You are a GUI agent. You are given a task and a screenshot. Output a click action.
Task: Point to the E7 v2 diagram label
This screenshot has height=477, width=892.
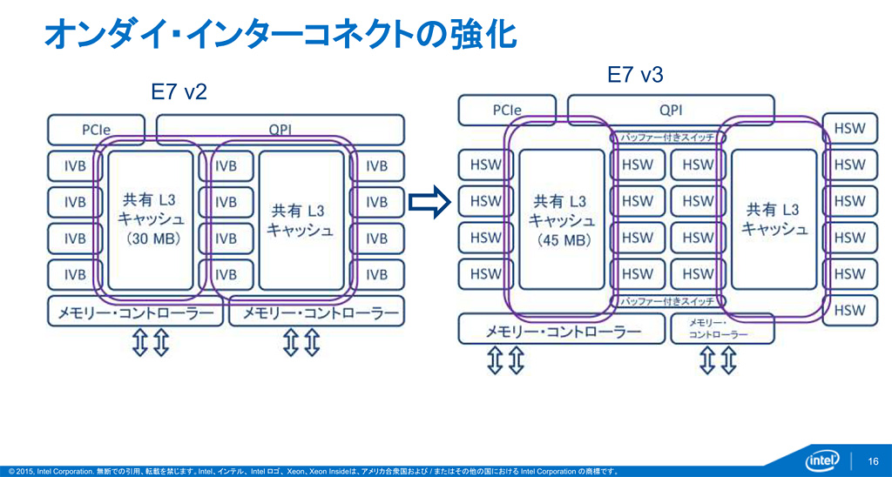click(179, 92)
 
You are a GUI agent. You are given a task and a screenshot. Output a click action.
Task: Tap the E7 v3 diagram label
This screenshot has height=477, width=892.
click(635, 75)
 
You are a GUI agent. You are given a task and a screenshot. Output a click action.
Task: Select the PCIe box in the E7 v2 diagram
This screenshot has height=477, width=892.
click(98, 130)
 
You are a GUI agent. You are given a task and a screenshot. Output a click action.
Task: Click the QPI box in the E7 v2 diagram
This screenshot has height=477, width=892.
click(280, 130)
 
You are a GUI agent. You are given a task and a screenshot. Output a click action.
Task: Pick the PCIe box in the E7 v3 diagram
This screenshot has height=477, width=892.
click(507, 110)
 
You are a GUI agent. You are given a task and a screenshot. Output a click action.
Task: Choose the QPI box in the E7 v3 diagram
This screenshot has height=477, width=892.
click(670, 110)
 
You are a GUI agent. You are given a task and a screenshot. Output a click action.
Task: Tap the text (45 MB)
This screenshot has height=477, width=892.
click(561, 240)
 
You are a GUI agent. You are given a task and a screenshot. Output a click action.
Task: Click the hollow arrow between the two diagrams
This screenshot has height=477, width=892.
click(429, 202)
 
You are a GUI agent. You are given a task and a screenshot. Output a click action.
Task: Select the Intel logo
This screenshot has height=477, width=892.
click(819, 459)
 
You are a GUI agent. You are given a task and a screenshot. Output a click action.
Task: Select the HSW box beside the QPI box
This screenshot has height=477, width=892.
click(850, 128)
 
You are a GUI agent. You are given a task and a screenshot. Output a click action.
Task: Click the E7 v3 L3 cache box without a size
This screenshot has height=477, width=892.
click(774, 219)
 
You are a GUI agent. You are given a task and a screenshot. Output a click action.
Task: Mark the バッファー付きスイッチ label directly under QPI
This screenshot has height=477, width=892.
click(667, 138)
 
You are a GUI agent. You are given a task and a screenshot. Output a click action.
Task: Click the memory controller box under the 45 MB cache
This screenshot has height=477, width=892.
click(561, 331)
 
